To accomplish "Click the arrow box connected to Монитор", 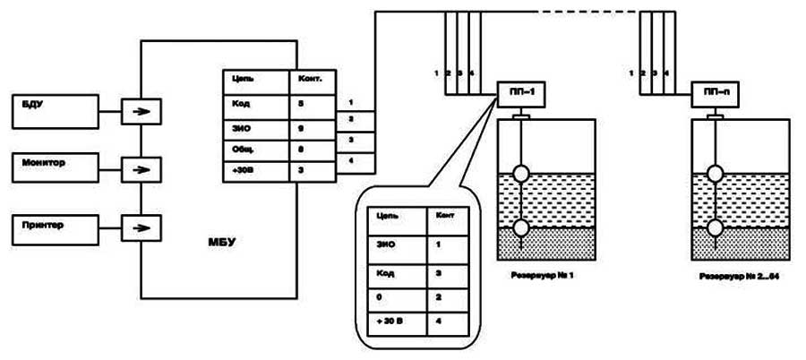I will pyautogui.click(x=140, y=168).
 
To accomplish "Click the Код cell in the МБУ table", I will pyautogui.click(x=255, y=103).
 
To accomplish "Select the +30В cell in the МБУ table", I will pyautogui.click(x=255, y=170).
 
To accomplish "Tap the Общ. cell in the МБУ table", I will pyautogui.click(x=255, y=149).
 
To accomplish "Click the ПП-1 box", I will pyautogui.click(x=520, y=90).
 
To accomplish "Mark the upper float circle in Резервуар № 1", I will pyautogui.click(x=520, y=174).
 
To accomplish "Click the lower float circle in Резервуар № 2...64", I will pyautogui.click(x=716, y=227).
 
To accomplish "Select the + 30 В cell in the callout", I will pyautogui.click(x=394, y=320).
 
